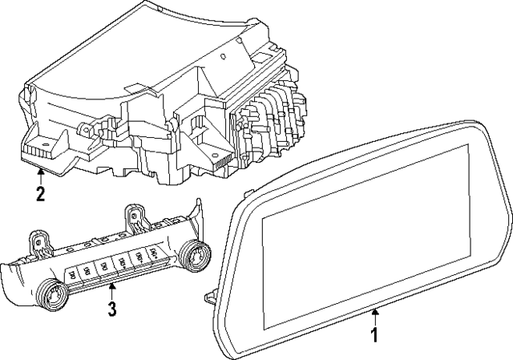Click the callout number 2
coord(39,192)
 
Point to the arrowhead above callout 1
coord(374,309)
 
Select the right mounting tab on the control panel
coord(134,215)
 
